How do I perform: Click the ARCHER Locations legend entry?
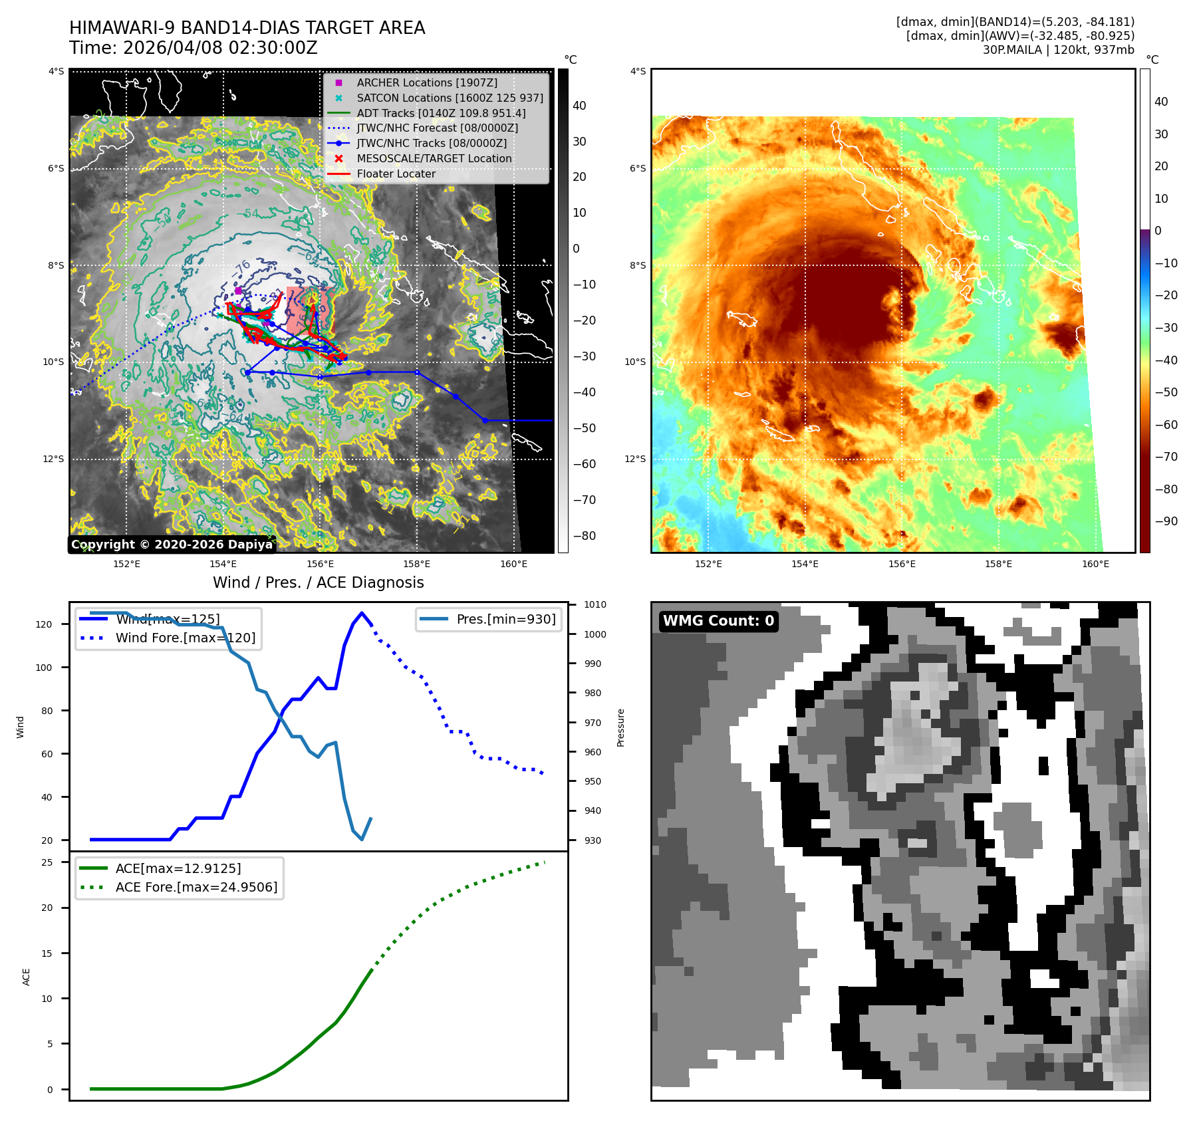tap(426, 82)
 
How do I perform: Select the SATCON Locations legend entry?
tap(450, 98)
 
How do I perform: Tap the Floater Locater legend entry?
tap(396, 174)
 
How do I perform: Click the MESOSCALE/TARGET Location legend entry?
tap(434, 158)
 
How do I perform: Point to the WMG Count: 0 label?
tap(718, 621)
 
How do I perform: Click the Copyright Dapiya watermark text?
tap(172, 545)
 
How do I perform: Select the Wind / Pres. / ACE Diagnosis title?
tap(318, 582)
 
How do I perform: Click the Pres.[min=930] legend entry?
tap(505, 619)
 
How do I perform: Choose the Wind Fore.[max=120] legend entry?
tap(185, 638)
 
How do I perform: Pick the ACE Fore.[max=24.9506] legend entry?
tap(196, 887)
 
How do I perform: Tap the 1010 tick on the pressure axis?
tap(595, 604)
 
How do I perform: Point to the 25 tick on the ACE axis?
tap(47, 862)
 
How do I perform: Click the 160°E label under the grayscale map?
tap(513, 564)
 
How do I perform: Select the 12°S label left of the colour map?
tap(635, 459)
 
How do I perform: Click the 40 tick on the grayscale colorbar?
tap(579, 106)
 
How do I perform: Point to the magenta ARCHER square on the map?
tap(238, 291)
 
